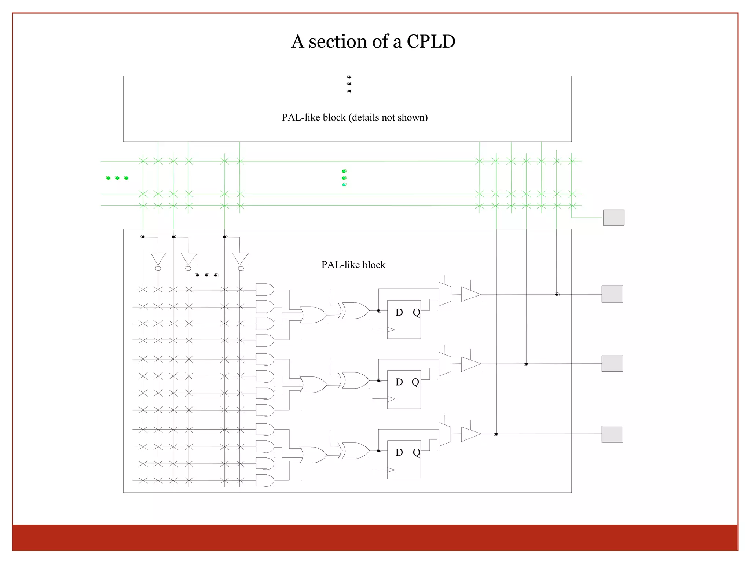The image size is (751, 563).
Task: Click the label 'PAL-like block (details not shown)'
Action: [x=354, y=117]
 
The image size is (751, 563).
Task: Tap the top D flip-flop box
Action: [x=404, y=320]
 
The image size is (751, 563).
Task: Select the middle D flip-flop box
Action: [x=404, y=389]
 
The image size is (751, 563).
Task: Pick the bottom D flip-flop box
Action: [x=404, y=460]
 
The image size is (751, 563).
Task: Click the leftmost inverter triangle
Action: [x=158, y=258]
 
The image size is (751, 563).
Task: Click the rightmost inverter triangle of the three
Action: [x=240, y=258]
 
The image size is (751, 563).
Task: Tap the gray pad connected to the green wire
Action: [x=613, y=218]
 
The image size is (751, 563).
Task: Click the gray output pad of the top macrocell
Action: [x=612, y=294]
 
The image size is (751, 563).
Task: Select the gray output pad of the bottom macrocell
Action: [x=612, y=434]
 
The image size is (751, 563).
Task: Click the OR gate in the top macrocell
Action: [x=313, y=315]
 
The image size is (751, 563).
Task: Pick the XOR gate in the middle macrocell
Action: [x=355, y=380]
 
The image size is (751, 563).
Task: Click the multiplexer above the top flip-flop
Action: [x=445, y=294]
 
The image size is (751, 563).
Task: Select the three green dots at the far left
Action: [x=117, y=178]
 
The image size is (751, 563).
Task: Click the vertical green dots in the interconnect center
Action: [x=344, y=178]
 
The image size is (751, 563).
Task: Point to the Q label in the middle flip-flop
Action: [x=415, y=382]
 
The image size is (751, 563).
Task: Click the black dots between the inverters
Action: [x=206, y=275]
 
